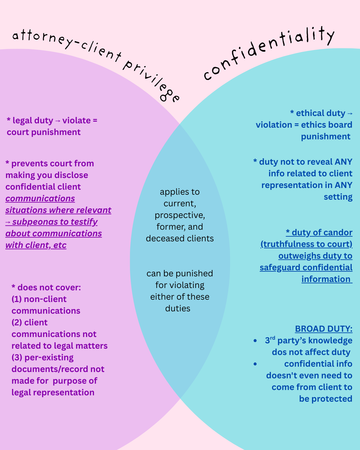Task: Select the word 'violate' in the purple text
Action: click(76, 121)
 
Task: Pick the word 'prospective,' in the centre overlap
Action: click(180, 215)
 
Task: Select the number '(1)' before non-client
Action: click(17, 299)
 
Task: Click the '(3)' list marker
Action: click(17, 358)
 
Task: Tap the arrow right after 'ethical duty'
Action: click(350, 114)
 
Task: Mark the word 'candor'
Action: click(338, 233)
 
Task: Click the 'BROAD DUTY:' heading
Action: click(323, 329)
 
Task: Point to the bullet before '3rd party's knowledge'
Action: click(255, 341)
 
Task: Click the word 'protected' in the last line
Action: click(332, 399)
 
